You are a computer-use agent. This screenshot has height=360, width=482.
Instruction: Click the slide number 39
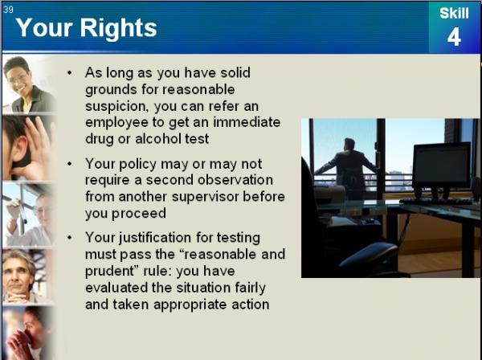tap(8, 9)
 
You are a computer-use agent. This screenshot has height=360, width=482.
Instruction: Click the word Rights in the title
tap(119, 28)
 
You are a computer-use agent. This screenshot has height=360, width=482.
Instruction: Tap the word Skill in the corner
tap(454, 13)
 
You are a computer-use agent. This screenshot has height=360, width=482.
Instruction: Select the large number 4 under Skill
tap(454, 37)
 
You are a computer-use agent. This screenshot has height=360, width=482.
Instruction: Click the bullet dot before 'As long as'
tap(69, 73)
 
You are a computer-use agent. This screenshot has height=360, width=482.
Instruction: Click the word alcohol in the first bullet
tap(154, 139)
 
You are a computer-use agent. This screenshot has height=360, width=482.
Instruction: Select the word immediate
tap(247, 122)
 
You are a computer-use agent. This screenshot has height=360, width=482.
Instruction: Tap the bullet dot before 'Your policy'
tap(69, 164)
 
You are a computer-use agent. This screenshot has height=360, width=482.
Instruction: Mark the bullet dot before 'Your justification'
tap(69, 238)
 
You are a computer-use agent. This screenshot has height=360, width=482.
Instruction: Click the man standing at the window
tap(346, 169)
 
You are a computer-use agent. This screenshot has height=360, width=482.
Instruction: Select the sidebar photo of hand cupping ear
tap(28, 148)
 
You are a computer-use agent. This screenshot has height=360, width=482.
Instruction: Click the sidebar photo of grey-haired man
tap(27, 276)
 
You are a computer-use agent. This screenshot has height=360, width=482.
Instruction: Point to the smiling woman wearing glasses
tap(28, 84)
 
